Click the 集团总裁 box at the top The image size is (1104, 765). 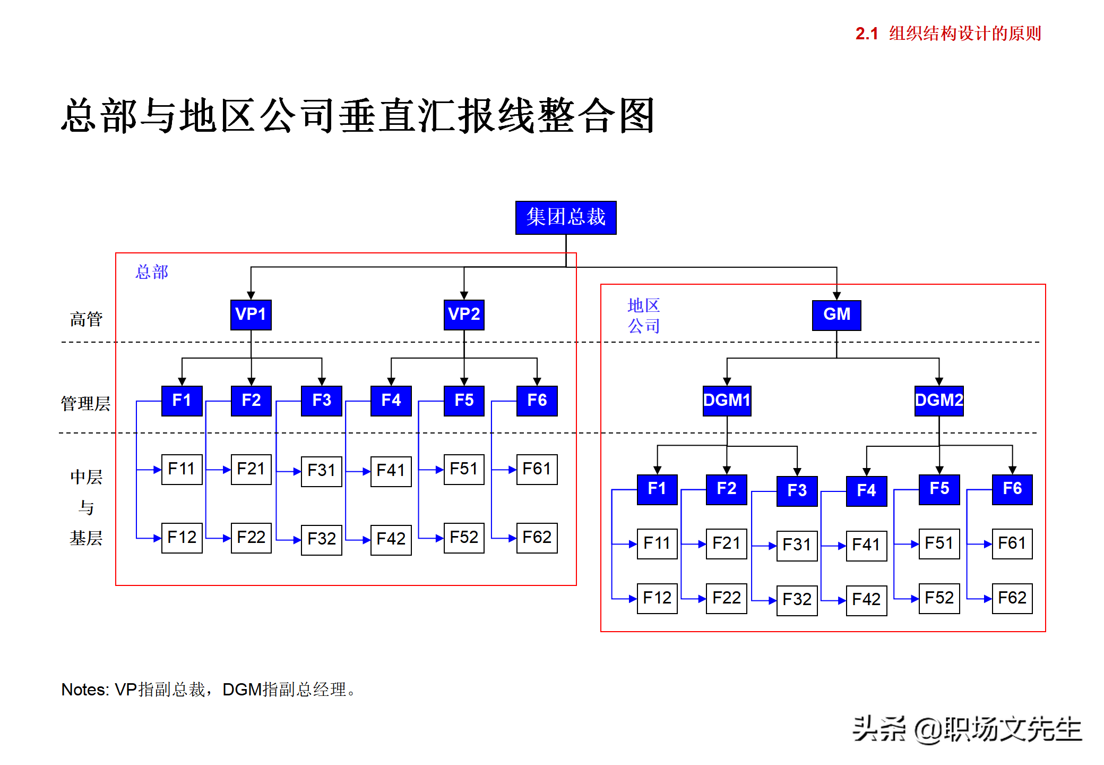(x=566, y=217)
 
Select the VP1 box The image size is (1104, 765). (x=251, y=314)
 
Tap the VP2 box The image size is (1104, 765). (x=464, y=314)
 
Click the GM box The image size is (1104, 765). (x=836, y=315)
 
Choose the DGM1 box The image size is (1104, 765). (x=727, y=401)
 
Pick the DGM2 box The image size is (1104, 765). (x=939, y=401)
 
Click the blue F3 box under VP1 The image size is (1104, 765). (x=322, y=401)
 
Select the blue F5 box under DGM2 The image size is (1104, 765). (x=939, y=489)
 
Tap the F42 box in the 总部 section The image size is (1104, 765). (x=391, y=539)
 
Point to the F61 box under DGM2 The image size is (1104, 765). (x=1012, y=543)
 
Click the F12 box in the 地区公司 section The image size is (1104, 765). (x=657, y=598)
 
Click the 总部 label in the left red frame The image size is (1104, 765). (x=152, y=272)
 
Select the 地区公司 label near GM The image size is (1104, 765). (x=644, y=316)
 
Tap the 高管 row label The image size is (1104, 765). (x=86, y=319)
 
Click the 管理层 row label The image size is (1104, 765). (x=85, y=404)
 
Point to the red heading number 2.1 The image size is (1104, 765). (x=867, y=34)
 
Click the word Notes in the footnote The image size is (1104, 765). (x=84, y=690)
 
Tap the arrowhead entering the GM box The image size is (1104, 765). (x=836, y=296)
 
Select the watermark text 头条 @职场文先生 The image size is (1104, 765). (x=967, y=729)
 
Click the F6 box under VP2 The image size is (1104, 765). (x=537, y=401)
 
